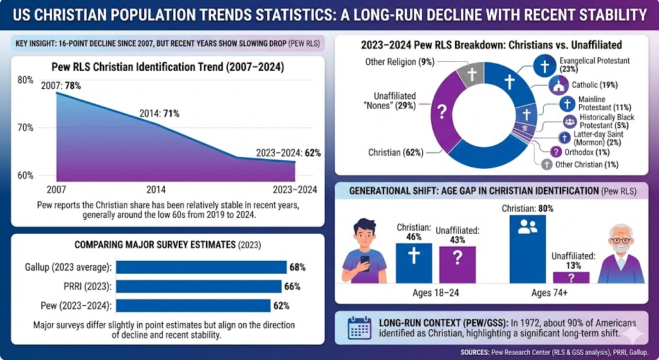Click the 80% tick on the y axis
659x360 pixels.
tap(25, 80)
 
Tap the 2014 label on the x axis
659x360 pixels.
tap(156, 189)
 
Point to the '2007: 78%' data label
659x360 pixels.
tap(60, 86)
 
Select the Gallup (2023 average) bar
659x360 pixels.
tap(201, 267)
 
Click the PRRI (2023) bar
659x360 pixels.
tap(198, 287)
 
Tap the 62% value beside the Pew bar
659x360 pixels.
tap(281, 306)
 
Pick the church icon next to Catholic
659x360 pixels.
tap(558, 85)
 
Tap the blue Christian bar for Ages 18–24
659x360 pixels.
tap(414, 263)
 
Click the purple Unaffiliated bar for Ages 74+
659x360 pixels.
tap(571, 278)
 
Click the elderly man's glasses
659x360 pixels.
tap(620, 240)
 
